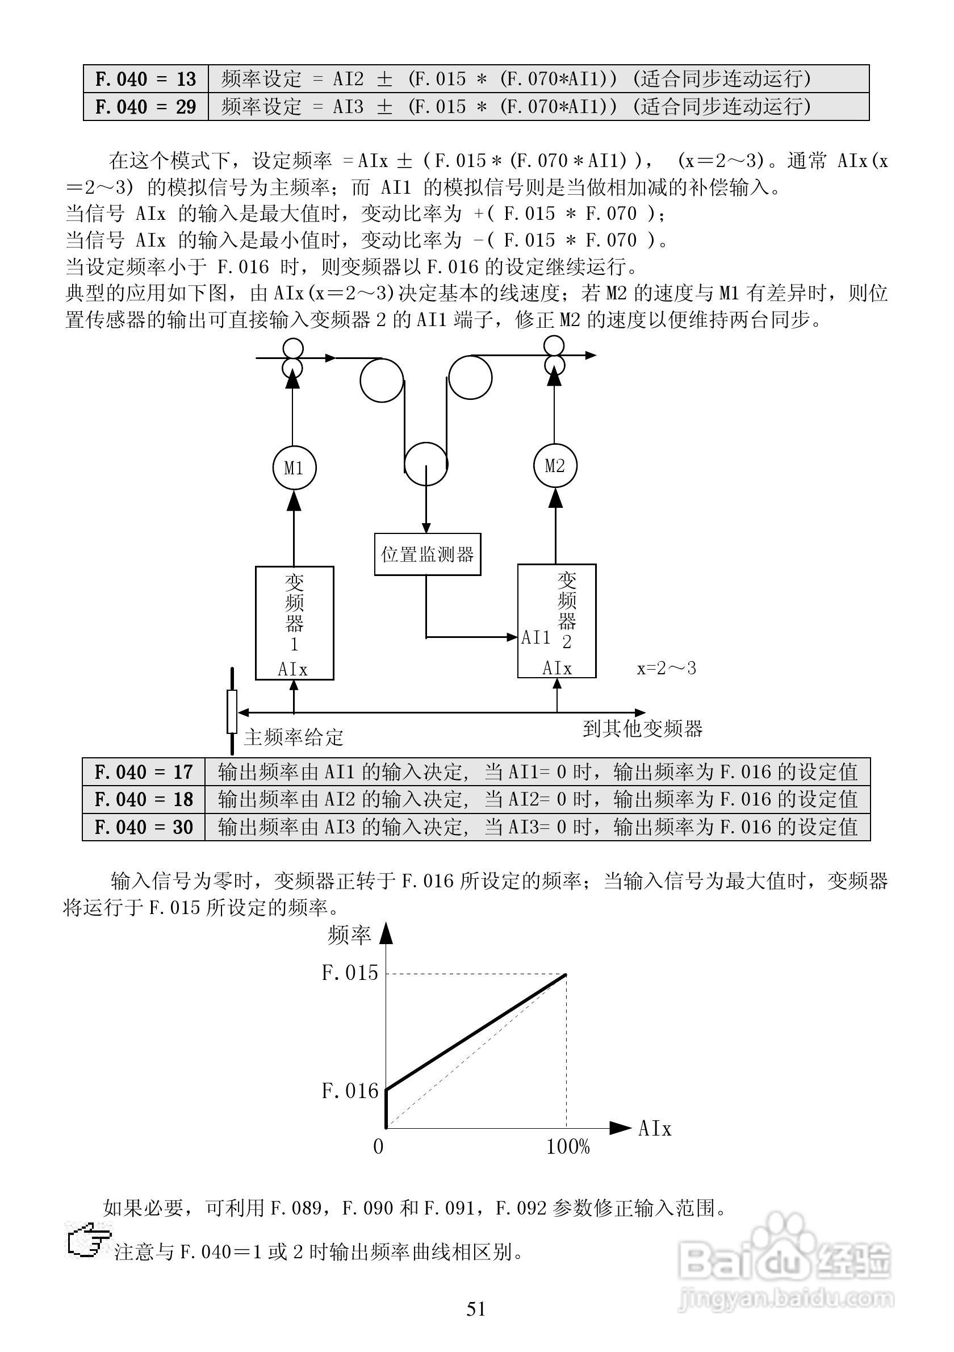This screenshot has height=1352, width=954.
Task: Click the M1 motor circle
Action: click(294, 468)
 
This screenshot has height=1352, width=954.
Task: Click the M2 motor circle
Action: click(555, 466)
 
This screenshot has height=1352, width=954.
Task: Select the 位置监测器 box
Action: click(427, 554)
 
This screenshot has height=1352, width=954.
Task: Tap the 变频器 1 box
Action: click(294, 623)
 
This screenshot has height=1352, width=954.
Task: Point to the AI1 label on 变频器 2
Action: click(535, 637)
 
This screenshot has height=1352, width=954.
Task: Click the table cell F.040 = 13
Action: click(145, 79)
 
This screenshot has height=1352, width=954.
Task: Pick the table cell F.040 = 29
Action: click(145, 107)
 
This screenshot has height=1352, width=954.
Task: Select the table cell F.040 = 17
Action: click(144, 772)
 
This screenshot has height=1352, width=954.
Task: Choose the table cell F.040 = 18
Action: click(144, 799)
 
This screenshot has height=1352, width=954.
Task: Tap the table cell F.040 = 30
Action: click(144, 827)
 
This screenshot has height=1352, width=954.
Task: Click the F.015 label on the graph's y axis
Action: click(350, 972)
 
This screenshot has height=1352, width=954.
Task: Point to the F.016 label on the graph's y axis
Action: click(350, 1091)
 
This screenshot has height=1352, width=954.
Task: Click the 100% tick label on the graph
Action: click(568, 1146)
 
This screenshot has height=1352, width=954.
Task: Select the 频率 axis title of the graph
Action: click(349, 934)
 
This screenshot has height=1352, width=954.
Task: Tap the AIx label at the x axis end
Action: click(654, 1129)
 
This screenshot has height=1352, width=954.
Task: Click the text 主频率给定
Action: click(293, 737)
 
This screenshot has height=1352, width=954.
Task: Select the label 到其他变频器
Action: click(643, 729)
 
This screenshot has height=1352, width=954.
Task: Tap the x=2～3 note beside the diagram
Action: click(666, 669)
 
